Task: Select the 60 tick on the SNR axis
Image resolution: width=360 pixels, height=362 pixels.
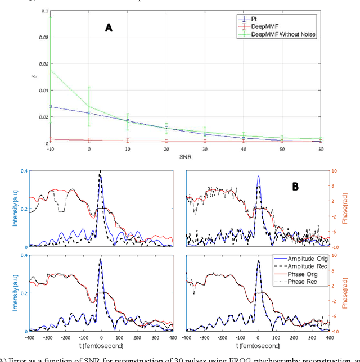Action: click(x=321, y=150)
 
